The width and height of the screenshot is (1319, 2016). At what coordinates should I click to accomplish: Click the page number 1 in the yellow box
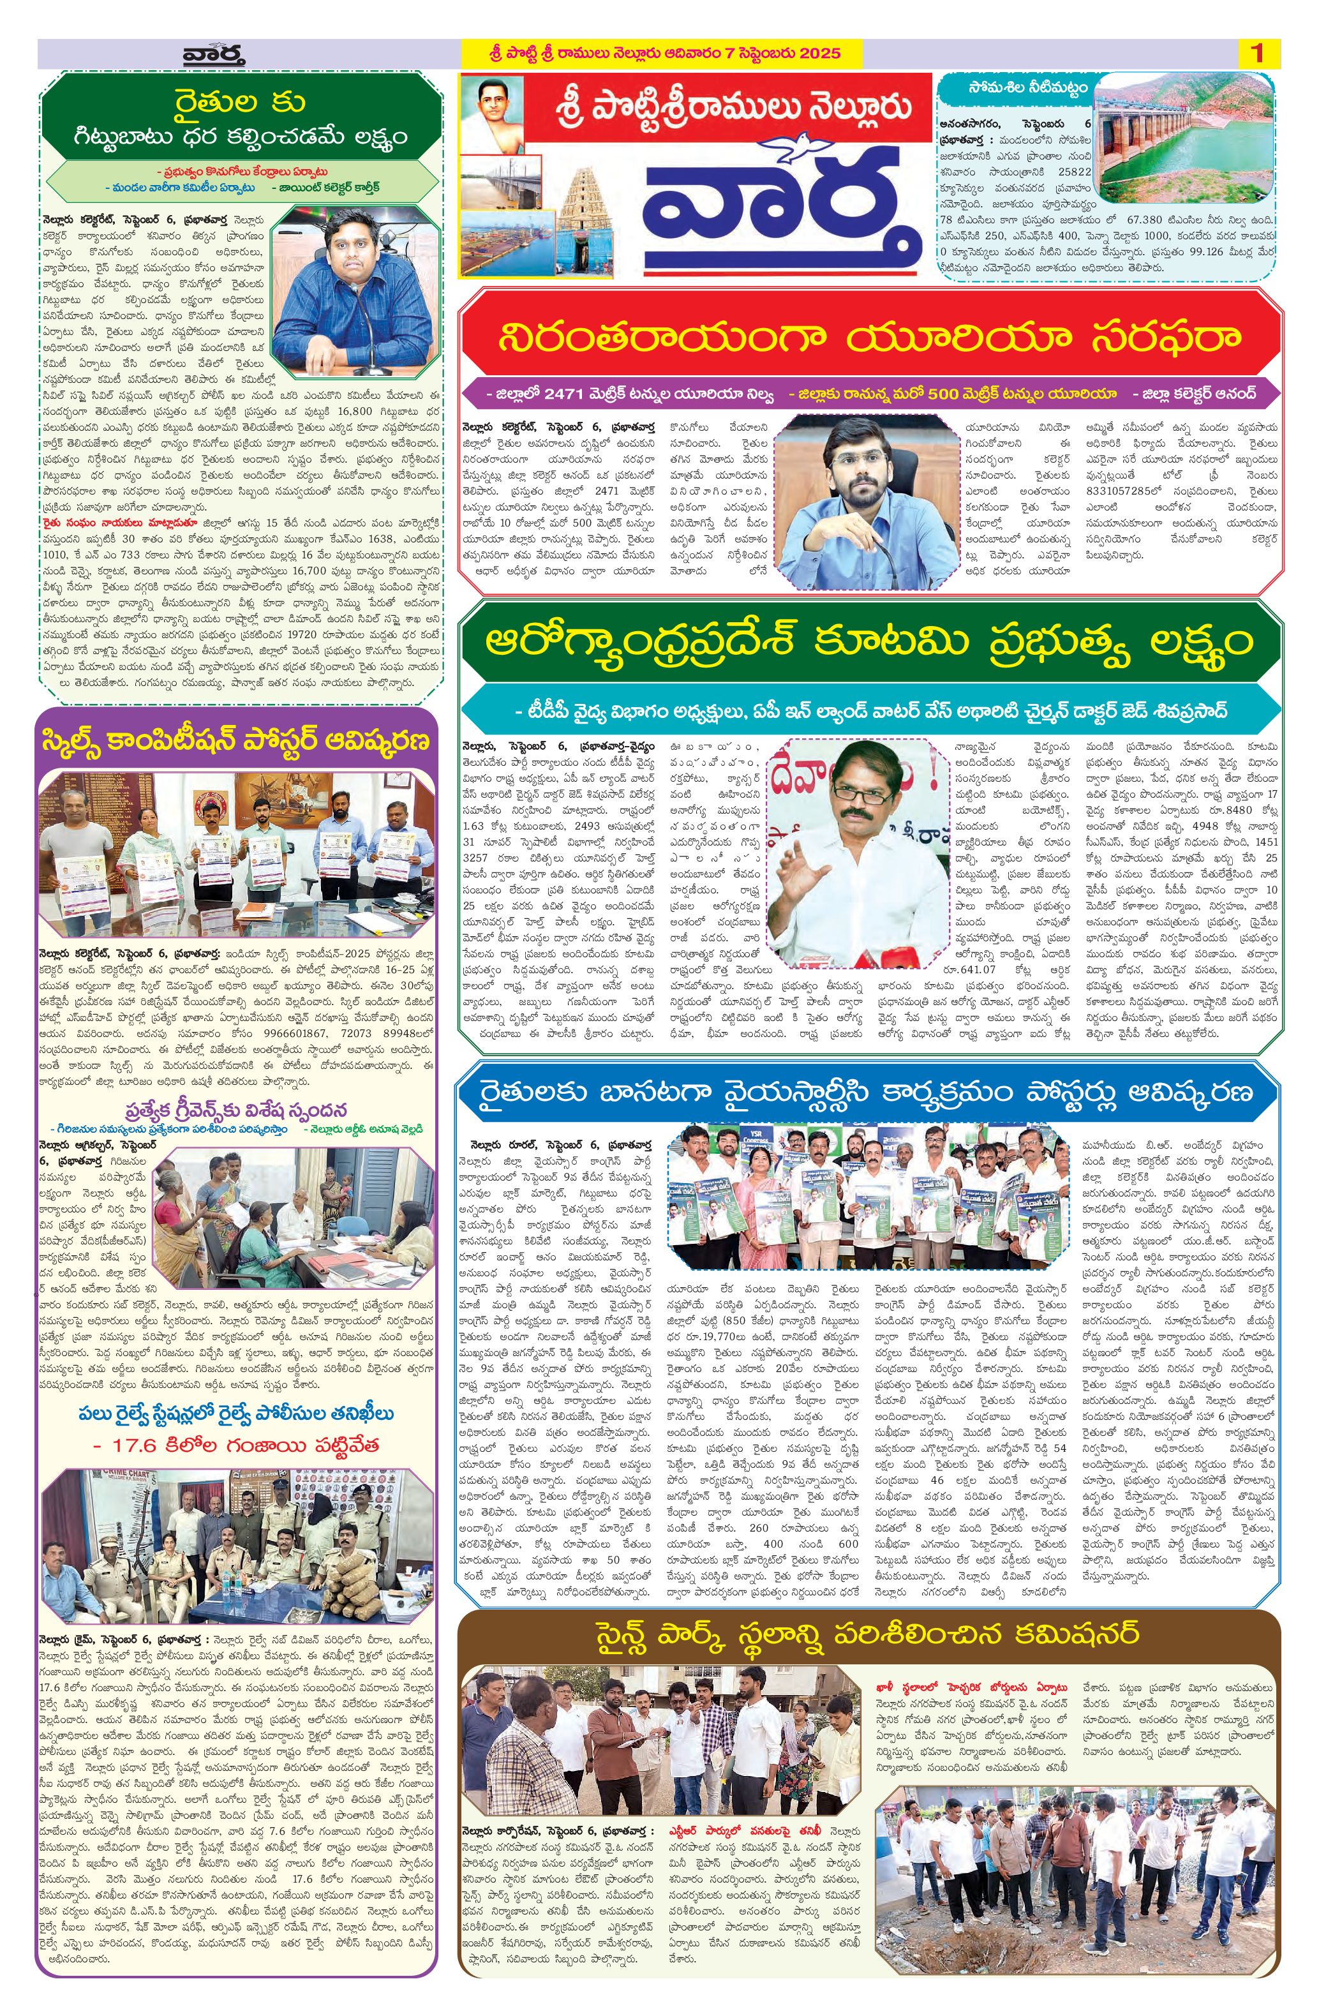click(1256, 54)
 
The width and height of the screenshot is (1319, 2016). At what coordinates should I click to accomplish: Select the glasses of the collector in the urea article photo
click(857, 458)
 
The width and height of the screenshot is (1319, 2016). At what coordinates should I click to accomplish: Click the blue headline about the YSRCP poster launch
click(869, 1092)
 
